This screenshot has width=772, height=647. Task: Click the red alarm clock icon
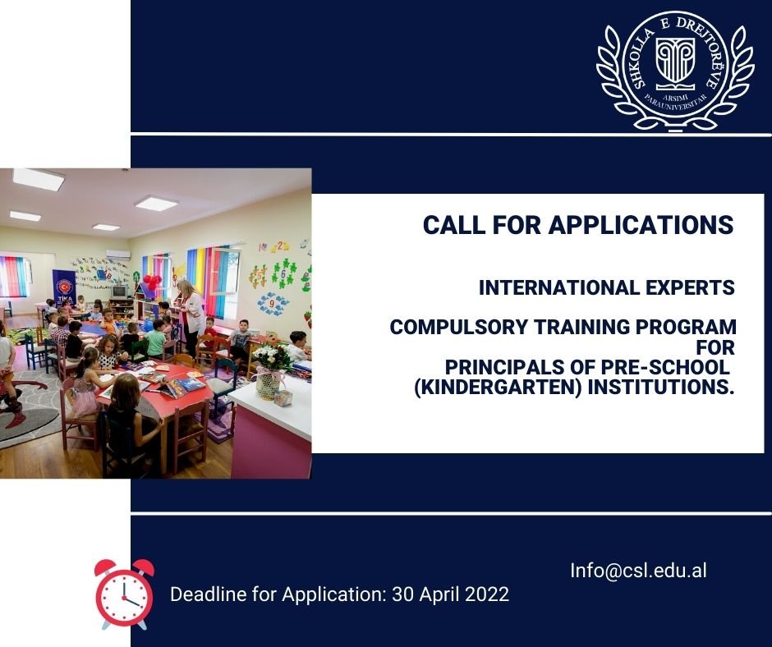[x=125, y=594]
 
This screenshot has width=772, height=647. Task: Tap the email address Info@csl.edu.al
[x=639, y=571]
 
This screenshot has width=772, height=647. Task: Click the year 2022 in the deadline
[x=486, y=594]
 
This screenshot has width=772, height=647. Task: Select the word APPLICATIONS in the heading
[x=641, y=225]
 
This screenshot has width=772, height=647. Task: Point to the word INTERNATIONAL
[x=558, y=287]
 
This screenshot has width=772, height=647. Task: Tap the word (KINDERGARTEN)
[x=499, y=388]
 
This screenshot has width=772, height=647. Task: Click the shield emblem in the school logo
[x=675, y=60]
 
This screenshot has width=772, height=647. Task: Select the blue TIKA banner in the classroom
[x=64, y=287]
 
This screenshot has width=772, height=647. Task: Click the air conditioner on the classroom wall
[x=118, y=255]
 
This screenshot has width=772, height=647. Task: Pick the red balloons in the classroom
[x=152, y=282]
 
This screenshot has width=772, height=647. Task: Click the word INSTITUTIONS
[x=661, y=388]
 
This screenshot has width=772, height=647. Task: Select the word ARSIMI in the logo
[x=675, y=96]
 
